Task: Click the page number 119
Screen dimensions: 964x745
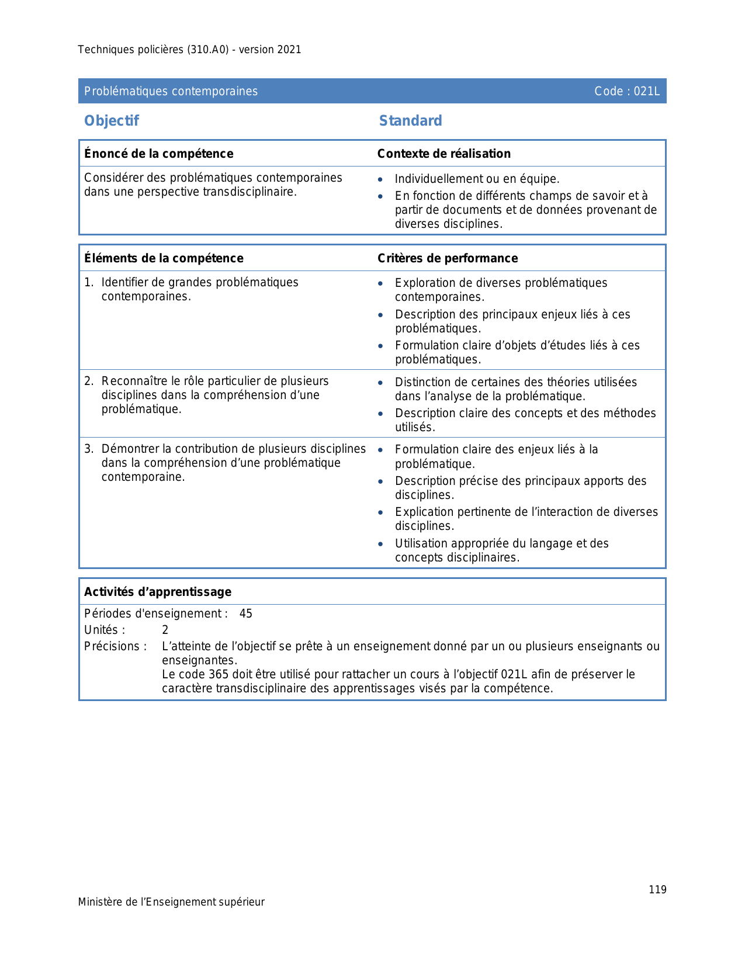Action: click(x=657, y=890)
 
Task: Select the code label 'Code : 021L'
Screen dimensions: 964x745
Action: click(x=626, y=91)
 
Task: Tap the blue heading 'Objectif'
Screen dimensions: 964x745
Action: click(x=112, y=121)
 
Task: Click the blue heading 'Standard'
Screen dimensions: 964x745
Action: click(x=410, y=121)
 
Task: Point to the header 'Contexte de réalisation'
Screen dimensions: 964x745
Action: click(x=443, y=154)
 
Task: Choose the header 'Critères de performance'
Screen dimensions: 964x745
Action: click(x=447, y=258)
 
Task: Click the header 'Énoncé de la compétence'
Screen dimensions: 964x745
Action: click(x=158, y=154)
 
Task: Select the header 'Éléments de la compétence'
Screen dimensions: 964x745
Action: click(x=164, y=258)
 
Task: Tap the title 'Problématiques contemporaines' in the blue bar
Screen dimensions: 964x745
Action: click(x=171, y=91)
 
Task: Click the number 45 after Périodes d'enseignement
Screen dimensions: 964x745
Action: click(x=246, y=613)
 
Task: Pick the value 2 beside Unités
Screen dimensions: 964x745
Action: click(x=165, y=630)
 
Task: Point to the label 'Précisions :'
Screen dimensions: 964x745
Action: click(x=115, y=646)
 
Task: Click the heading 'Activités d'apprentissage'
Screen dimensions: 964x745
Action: click(x=158, y=592)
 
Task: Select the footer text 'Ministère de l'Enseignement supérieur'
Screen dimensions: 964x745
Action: click(x=171, y=902)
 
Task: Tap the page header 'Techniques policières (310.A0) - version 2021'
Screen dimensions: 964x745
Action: click(x=189, y=50)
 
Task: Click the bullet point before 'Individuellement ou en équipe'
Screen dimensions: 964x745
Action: click(x=380, y=180)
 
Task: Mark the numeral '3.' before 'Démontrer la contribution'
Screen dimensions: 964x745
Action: click(x=89, y=449)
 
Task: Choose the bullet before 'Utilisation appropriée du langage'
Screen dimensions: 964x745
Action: click(x=380, y=544)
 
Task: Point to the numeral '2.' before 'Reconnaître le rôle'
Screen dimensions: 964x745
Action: click(x=89, y=382)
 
